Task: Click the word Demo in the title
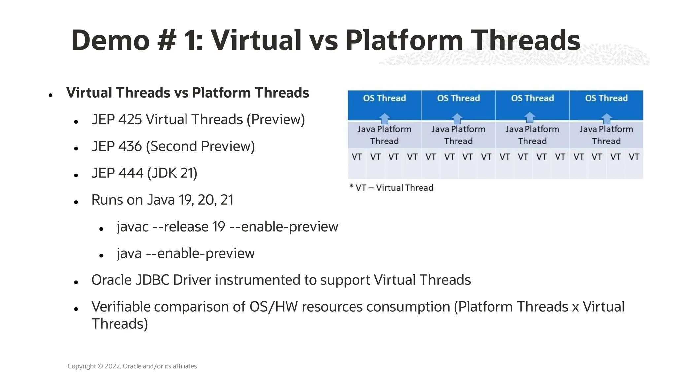(x=110, y=40)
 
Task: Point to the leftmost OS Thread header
(x=384, y=98)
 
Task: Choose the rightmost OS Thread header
(x=606, y=98)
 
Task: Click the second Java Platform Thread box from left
(x=458, y=135)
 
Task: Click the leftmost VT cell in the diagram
(x=356, y=157)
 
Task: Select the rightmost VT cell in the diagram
(x=634, y=157)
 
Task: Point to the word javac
(x=132, y=227)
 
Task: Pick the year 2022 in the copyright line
(x=113, y=366)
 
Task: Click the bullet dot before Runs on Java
(x=76, y=202)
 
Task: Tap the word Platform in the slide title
(x=404, y=40)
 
